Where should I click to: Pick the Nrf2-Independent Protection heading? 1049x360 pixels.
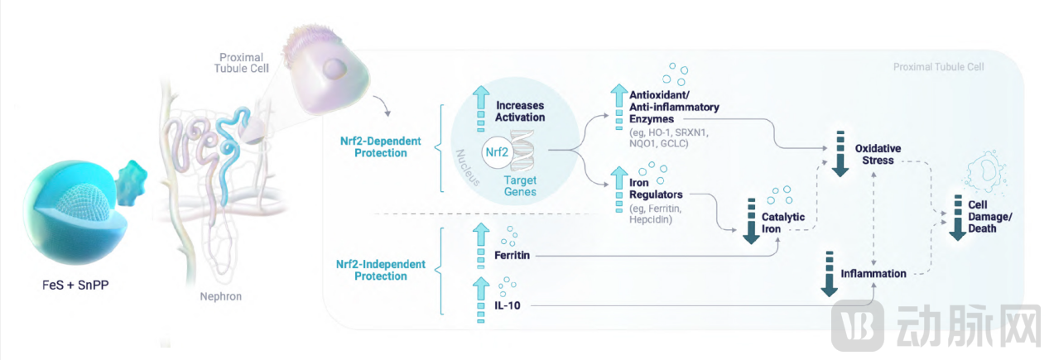pos(381,270)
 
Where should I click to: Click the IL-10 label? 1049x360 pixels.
pos(506,306)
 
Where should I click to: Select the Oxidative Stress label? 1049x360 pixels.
pos(878,154)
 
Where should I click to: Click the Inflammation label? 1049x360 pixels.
pos(873,273)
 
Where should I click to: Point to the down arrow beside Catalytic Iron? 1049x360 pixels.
pos(752,222)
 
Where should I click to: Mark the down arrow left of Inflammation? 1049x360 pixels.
pos(828,271)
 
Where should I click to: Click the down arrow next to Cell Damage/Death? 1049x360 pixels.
pos(957,218)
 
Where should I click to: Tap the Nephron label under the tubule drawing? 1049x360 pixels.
pos(219,295)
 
